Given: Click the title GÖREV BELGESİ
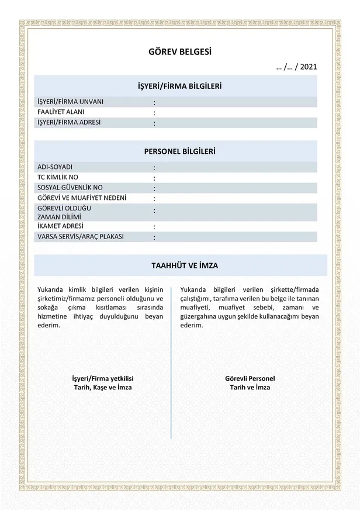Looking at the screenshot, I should (x=179, y=52).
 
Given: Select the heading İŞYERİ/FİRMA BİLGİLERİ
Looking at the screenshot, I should (x=179, y=86).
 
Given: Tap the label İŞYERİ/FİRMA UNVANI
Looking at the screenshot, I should (x=71, y=101).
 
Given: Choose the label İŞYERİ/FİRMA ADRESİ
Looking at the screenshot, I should (x=69, y=122).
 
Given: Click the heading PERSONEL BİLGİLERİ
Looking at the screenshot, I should (x=179, y=151).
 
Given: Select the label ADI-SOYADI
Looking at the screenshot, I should (x=55, y=167).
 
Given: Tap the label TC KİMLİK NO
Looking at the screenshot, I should (x=58, y=177).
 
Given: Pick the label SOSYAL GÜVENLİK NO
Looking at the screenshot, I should (x=70, y=188).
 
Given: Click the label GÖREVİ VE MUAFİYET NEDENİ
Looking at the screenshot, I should (x=81, y=198).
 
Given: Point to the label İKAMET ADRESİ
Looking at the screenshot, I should (x=60, y=226).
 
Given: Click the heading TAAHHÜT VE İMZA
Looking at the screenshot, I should (x=179, y=265).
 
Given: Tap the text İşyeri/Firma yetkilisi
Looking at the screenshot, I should (x=102, y=378).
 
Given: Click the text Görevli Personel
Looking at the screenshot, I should (x=250, y=378).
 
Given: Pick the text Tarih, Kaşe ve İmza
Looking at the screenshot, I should (x=102, y=387).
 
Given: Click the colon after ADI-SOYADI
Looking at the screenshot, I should (x=154, y=168).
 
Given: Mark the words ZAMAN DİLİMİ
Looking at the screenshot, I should (x=59, y=217).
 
